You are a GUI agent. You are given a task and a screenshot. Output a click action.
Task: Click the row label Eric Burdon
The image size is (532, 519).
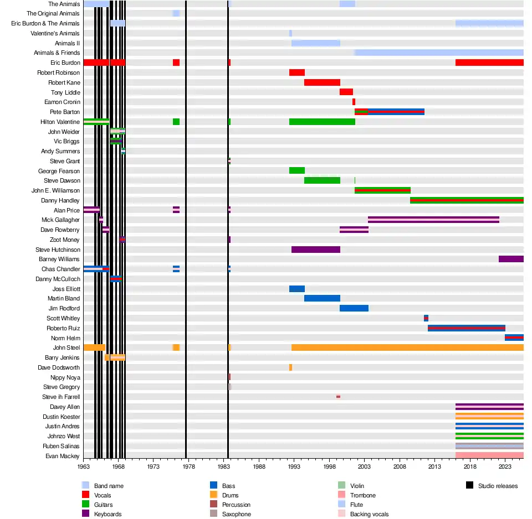[65, 63]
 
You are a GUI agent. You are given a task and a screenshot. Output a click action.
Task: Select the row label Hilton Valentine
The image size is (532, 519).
[60, 122]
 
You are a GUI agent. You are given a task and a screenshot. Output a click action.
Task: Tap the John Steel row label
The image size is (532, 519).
[66, 347]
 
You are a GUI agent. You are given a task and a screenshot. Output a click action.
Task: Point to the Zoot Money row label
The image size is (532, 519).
[64, 240]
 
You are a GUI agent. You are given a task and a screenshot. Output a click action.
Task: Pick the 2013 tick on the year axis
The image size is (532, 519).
[434, 467]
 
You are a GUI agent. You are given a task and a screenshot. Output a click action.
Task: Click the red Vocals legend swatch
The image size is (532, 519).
[85, 495]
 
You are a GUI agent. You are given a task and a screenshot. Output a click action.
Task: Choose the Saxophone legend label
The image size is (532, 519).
[237, 514]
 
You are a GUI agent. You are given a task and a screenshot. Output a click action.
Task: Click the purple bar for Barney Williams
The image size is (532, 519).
[511, 259]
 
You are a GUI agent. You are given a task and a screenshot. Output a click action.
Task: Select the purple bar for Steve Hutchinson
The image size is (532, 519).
[315, 250]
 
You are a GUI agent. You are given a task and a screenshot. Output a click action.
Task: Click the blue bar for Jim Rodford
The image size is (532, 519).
[354, 308]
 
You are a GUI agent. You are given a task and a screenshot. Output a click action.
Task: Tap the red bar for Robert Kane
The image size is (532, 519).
[322, 82]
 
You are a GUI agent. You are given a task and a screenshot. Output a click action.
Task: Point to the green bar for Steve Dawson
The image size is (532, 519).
[322, 180]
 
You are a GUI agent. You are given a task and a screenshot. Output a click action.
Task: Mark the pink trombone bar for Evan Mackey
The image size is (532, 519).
[489, 455]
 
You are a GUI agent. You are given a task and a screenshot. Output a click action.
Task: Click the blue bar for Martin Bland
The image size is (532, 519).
[322, 298]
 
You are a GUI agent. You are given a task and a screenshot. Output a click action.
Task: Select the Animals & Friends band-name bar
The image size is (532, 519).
[439, 53]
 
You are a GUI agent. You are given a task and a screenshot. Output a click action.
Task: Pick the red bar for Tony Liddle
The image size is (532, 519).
[346, 92]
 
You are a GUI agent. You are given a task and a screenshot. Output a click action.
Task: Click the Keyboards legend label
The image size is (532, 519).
[108, 514]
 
